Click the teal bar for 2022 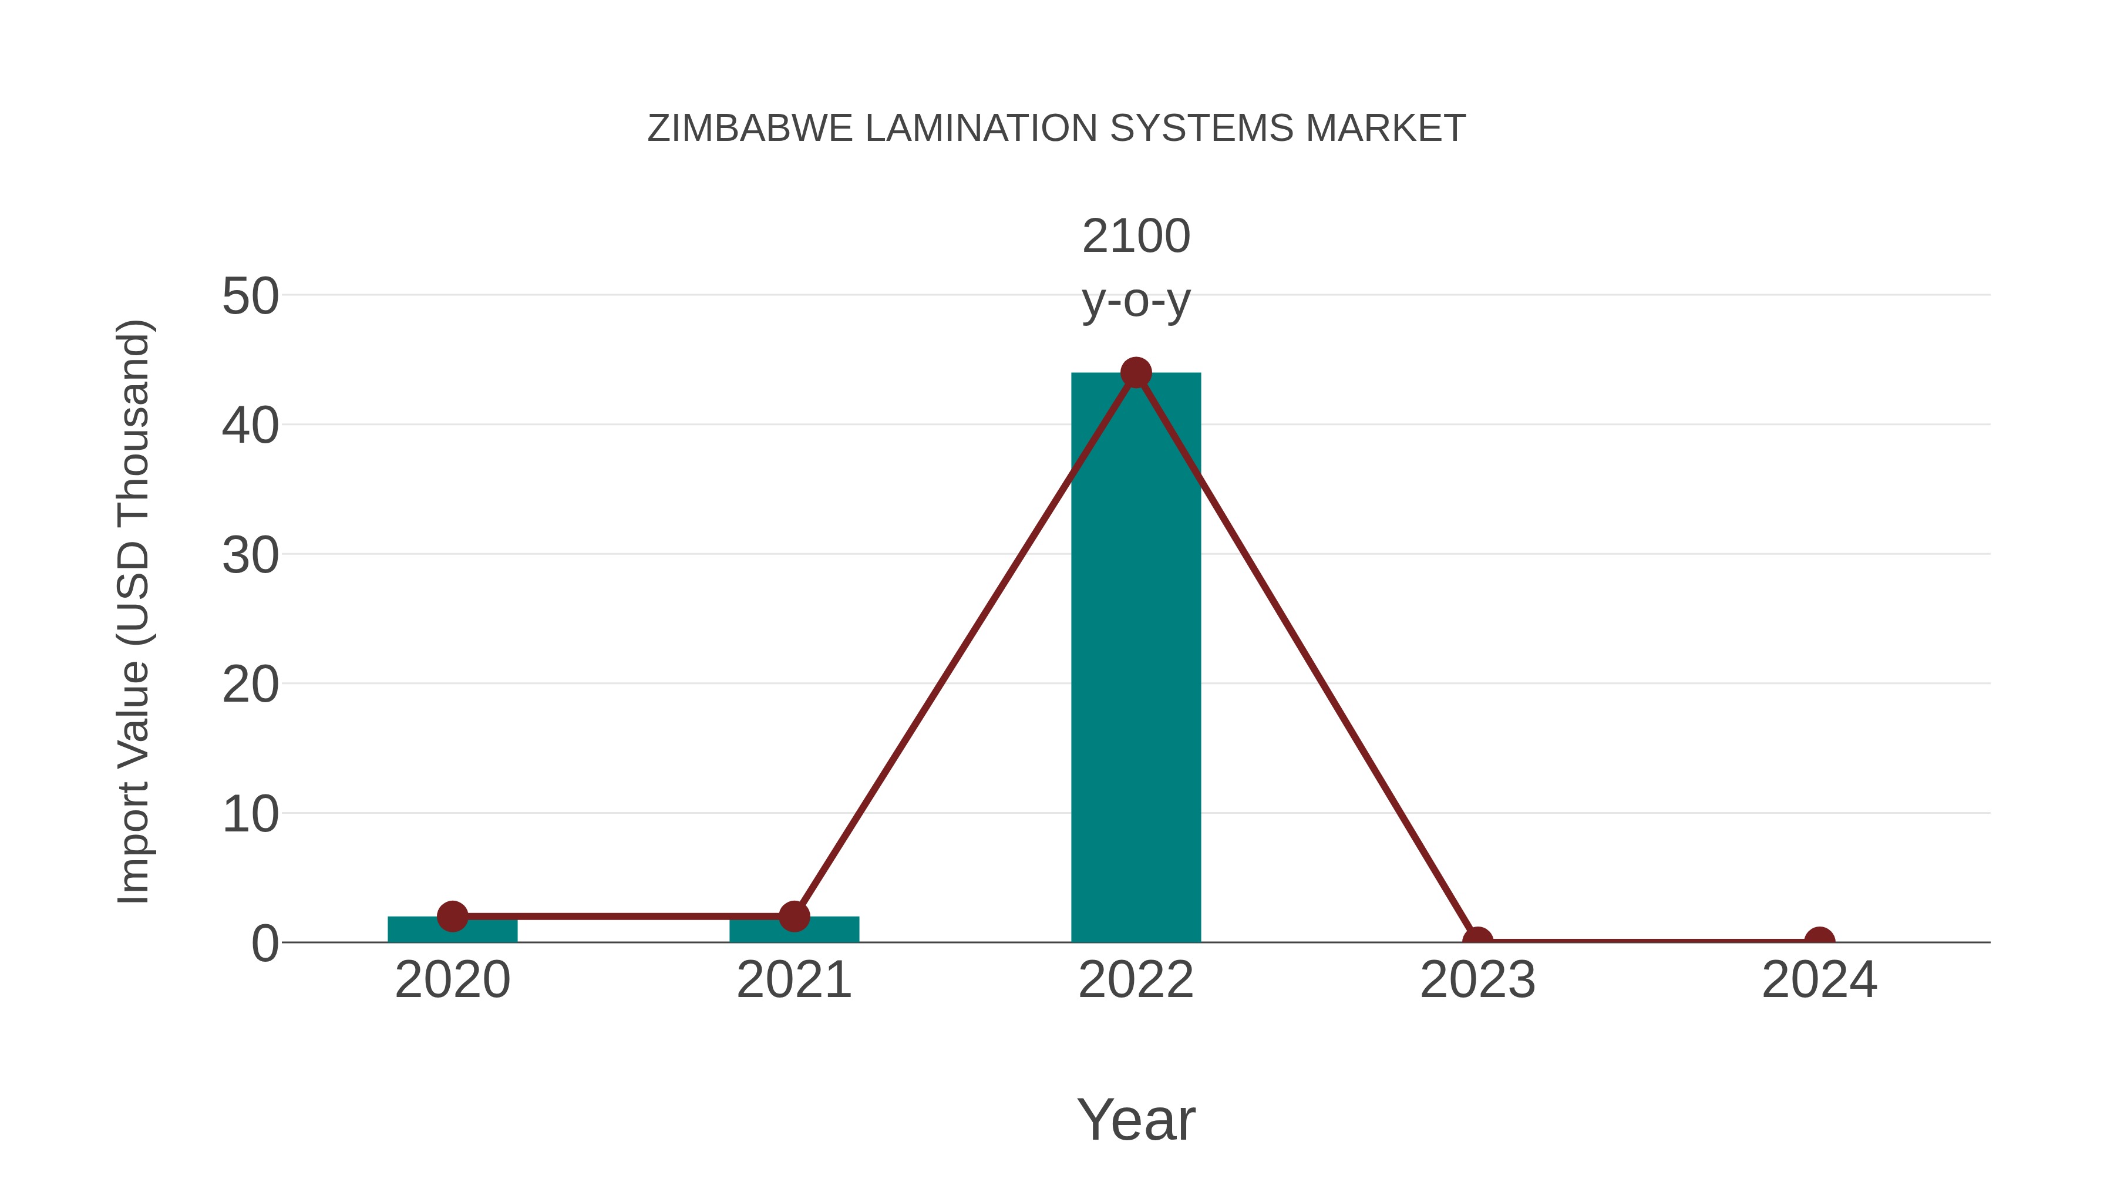coord(1136,673)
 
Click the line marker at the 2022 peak coord(1136,372)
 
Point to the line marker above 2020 coord(452,916)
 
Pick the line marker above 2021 coord(793,916)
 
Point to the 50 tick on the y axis coord(250,297)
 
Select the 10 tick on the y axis coord(250,815)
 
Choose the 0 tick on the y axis coord(265,944)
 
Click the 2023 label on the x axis coord(1477,980)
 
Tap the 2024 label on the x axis coord(1819,980)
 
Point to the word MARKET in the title coord(1385,129)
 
